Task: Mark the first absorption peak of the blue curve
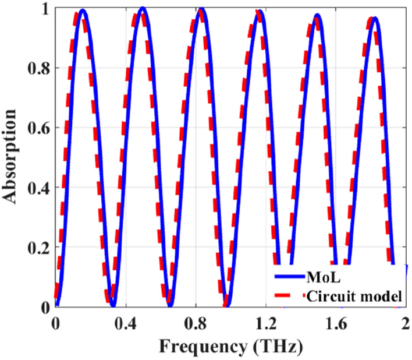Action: [83, 10]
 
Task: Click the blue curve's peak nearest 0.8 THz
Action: [203, 9]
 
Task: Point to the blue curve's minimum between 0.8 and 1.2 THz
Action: [226, 304]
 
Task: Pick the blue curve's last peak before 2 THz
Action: [375, 18]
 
